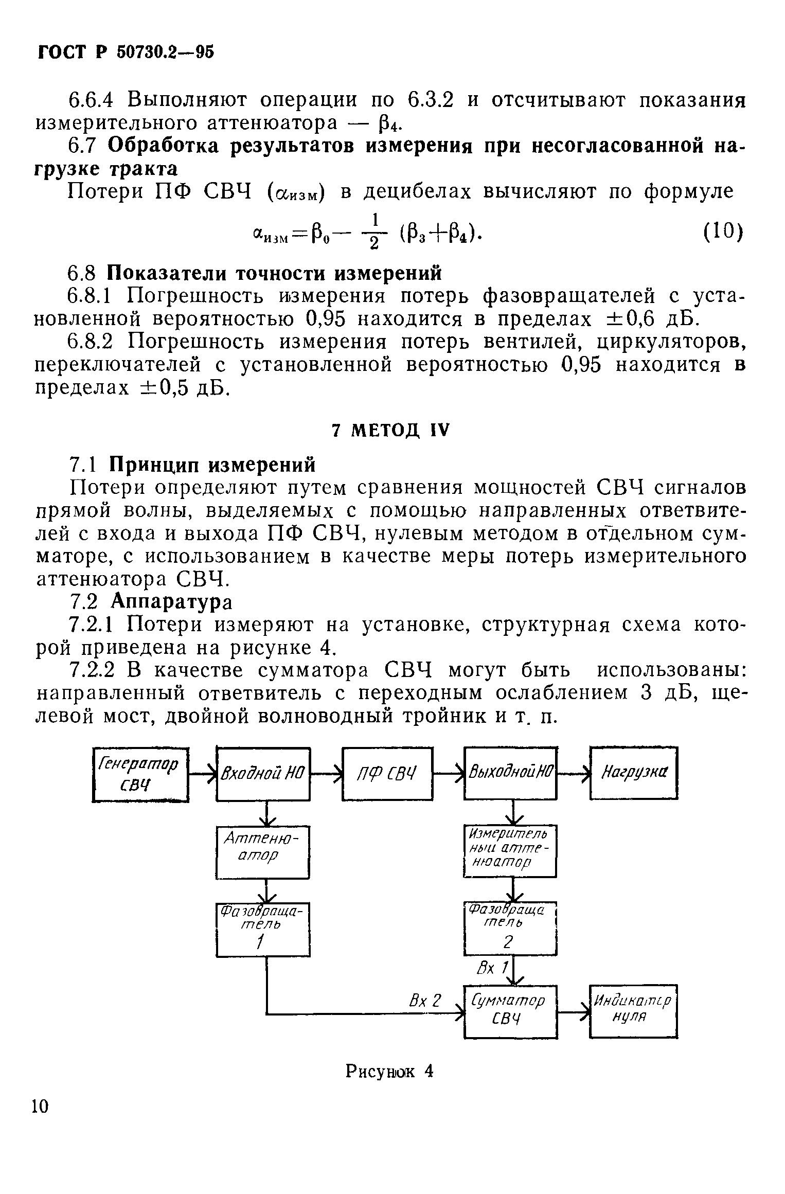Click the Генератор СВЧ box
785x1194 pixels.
point(140,773)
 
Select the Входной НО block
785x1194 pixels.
point(263,773)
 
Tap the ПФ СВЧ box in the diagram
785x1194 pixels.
point(387,773)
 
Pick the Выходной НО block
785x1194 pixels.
point(510,773)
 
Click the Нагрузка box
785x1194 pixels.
point(633,773)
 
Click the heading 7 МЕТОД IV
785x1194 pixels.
point(390,430)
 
